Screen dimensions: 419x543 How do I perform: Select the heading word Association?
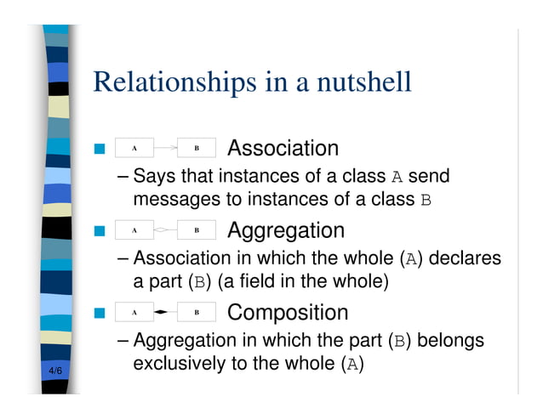coord(283,149)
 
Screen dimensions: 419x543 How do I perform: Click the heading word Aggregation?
coord(286,230)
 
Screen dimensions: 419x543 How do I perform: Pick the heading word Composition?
coord(288,313)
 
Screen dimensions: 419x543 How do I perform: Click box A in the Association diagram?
coord(134,149)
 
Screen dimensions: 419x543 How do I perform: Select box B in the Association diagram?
coord(197,149)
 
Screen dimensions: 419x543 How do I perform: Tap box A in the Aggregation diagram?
coord(134,230)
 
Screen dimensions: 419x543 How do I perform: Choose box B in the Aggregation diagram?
coord(197,230)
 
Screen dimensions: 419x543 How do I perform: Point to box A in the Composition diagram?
coord(134,313)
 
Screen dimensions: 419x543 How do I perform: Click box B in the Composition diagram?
coord(197,313)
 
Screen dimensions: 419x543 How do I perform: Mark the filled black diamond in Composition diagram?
coord(163,313)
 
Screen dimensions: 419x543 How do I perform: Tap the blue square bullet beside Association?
coord(99,150)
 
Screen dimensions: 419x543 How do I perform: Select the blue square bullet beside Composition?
coord(99,314)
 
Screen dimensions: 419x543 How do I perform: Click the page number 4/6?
coord(55,371)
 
